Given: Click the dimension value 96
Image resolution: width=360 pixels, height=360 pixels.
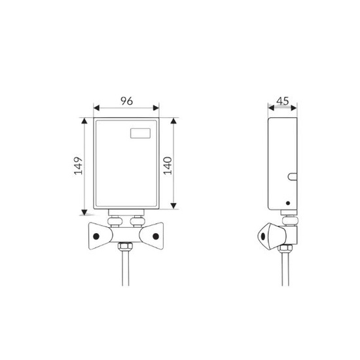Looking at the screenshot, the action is click(x=127, y=101).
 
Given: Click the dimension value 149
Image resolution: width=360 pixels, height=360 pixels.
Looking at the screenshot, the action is click(x=79, y=166).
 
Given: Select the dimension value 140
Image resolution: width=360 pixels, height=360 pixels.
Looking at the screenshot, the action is click(x=168, y=166).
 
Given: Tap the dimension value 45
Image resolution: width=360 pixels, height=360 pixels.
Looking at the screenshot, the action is click(x=283, y=101).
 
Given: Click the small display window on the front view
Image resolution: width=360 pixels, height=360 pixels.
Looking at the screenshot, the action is click(x=140, y=134).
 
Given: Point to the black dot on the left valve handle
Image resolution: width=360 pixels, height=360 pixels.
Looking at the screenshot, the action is click(x=96, y=236).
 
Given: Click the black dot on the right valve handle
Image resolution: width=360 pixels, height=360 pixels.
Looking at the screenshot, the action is click(x=156, y=236).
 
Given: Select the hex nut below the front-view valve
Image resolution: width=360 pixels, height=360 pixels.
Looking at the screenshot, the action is click(x=126, y=246).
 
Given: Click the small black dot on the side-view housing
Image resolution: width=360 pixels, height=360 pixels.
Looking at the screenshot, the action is click(x=288, y=203).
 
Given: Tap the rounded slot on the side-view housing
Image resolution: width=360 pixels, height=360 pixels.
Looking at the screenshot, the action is click(x=292, y=177).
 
